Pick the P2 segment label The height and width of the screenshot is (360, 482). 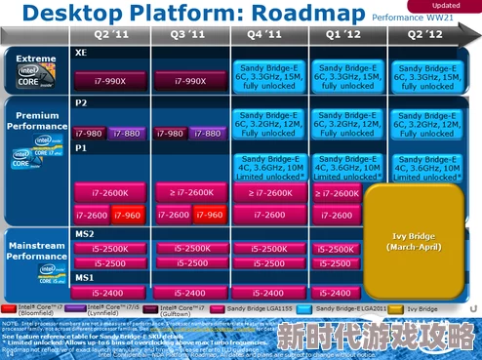coord(82,101)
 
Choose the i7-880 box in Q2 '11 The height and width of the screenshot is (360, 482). coord(128,133)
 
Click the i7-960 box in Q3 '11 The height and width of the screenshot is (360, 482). coord(207,215)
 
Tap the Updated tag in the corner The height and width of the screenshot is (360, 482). coord(450,5)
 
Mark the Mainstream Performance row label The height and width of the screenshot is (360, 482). coord(37,251)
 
